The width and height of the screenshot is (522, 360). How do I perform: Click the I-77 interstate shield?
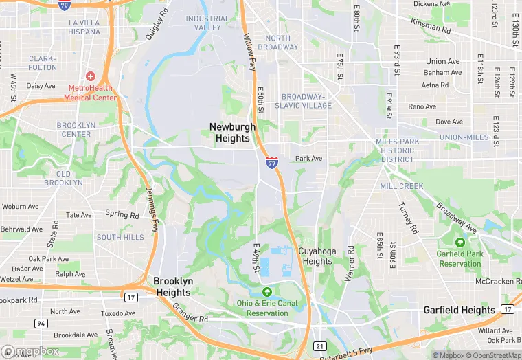272,163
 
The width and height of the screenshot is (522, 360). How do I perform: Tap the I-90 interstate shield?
64,5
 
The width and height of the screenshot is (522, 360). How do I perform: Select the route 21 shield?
320,346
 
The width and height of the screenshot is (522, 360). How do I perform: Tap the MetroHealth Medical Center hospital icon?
90,76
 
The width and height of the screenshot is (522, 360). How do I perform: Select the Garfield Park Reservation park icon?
459,242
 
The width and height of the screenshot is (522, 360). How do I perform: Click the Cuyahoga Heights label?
317,256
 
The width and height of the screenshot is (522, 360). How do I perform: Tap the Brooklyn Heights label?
173,286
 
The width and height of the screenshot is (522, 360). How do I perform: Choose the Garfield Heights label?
459,310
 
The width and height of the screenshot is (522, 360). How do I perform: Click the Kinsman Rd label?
431,27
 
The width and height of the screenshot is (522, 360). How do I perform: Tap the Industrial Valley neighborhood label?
207,23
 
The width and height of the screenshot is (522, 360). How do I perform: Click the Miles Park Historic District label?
397,150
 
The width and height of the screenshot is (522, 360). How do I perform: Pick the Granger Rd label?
190,314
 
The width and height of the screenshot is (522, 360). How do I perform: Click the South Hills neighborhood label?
120,237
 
